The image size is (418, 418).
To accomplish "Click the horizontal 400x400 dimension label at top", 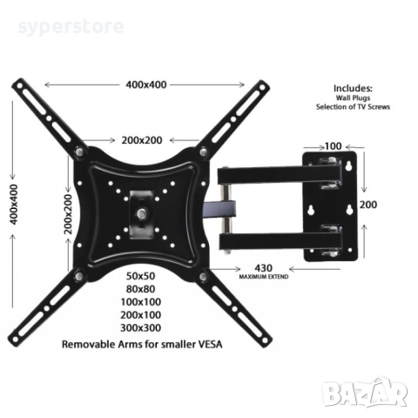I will tap(145, 84).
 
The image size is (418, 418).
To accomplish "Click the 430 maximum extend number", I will tap(265, 267).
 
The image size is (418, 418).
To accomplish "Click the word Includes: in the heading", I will tap(353, 88).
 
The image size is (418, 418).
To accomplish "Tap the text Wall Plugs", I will tap(353, 98).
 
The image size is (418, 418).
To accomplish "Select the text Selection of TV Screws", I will tap(353, 106).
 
